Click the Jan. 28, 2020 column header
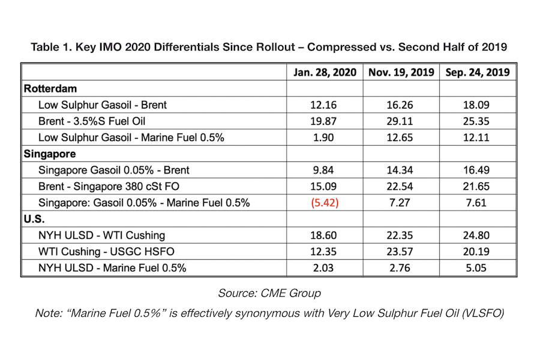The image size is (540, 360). [325, 73]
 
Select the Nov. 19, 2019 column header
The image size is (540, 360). [401, 73]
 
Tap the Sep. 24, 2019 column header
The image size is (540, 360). [478, 73]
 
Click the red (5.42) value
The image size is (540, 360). [325, 203]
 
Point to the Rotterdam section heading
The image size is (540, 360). [50, 89]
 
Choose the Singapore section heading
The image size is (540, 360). [50, 154]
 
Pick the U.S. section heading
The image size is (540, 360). [34, 219]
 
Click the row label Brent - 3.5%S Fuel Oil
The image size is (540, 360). [92, 121]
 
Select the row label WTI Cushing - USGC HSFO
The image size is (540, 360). [106, 251]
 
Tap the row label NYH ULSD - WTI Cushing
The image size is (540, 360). [101, 235]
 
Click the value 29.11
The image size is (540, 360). [400, 121]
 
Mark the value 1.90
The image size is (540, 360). [323, 137]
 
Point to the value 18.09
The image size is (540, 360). [476, 105]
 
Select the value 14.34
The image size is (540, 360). [400, 170]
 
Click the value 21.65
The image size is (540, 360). [476, 187]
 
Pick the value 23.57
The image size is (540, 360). [400, 251]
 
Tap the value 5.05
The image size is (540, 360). [476, 268]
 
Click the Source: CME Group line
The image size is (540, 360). [269, 293]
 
